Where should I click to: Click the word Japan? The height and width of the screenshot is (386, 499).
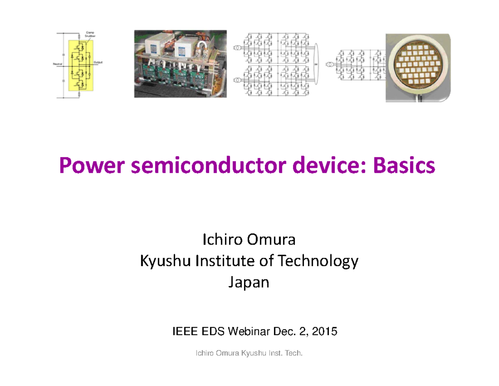[x=249, y=283]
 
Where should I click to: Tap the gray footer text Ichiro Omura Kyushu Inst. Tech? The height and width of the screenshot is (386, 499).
[x=248, y=354]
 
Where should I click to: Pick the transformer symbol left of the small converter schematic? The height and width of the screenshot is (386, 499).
[x=329, y=65]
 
